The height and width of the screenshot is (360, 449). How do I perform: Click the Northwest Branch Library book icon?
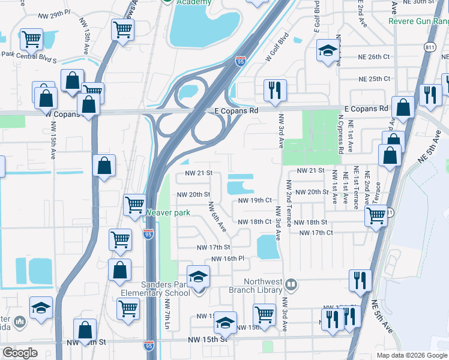tap(291, 283)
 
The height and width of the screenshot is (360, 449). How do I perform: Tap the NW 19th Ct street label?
tap(255, 200)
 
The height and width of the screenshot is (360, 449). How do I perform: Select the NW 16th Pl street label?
tap(228, 259)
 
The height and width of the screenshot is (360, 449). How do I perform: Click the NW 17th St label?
tap(214, 247)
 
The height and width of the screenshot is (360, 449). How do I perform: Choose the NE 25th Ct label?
tap(374, 79)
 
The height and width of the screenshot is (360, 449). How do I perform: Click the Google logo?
tap(20, 353)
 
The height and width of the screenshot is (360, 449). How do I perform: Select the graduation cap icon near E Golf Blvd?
tap(328, 52)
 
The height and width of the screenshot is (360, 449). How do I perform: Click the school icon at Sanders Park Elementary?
tap(197, 278)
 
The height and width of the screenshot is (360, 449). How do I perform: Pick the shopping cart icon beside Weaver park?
tap(134, 205)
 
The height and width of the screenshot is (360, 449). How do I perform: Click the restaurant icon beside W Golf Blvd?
tap(275, 91)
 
